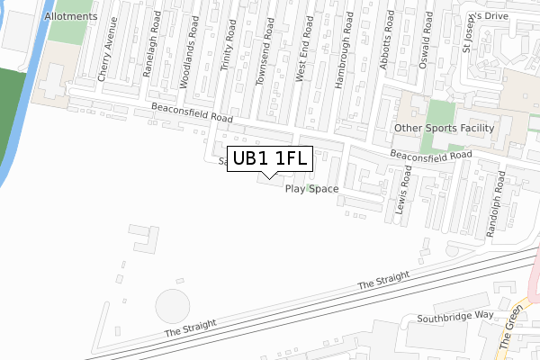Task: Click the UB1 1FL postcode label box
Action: (x=271, y=159)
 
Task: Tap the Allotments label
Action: (x=68, y=16)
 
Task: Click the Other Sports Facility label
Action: (x=445, y=128)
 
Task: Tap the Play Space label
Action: (x=311, y=189)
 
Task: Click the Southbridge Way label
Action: (x=455, y=317)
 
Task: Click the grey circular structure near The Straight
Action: (x=174, y=307)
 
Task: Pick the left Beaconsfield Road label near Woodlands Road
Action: (x=192, y=112)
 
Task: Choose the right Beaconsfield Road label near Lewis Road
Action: (x=431, y=156)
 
